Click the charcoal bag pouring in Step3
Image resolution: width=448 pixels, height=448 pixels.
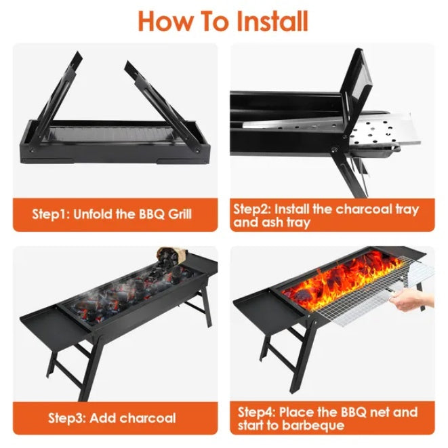pyautogui.click(x=169, y=256)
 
